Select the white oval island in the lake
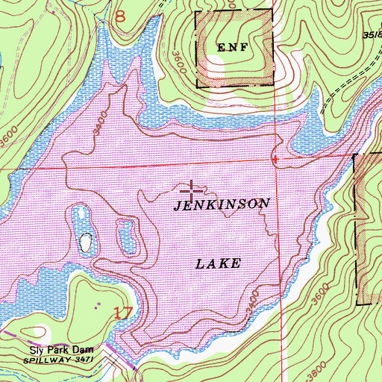click(88, 243)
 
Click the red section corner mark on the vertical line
click(275, 158)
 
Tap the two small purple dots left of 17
click(98, 306)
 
